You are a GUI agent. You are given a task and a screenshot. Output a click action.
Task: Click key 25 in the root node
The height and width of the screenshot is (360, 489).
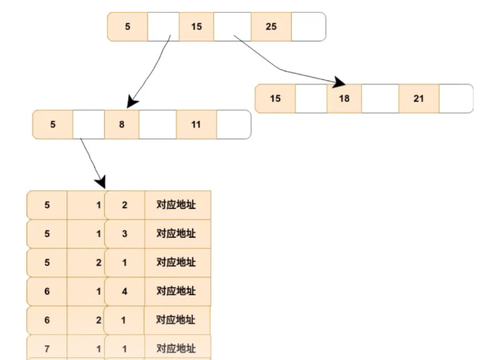coord(271,27)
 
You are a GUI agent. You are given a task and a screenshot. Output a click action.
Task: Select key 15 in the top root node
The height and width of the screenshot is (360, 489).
coord(196,27)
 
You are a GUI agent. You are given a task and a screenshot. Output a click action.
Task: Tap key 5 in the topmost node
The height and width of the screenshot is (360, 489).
coord(127,27)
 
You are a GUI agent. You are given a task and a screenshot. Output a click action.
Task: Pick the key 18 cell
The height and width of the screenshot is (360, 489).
coord(344,98)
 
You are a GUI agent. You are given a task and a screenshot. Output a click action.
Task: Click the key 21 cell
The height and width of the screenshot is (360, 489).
coord(418,98)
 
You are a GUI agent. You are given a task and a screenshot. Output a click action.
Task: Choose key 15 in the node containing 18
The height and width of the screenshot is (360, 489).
coord(275,98)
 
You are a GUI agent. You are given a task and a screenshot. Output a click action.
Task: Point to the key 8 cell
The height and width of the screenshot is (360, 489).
coord(121,124)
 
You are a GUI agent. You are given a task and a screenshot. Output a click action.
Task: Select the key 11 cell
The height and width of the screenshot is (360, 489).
coord(196,124)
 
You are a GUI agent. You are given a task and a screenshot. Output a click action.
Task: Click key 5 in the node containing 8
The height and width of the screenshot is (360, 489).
coord(53,124)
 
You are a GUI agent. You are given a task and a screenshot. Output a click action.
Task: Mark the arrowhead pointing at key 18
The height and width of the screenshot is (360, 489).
coord(340,83)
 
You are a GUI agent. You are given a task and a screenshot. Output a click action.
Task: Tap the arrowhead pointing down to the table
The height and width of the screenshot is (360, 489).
coord(100,180)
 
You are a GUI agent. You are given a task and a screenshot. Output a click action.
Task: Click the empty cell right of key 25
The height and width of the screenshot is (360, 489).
coord(308,27)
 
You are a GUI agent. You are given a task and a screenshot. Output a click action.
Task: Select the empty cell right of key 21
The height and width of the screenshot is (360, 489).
coord(456,98)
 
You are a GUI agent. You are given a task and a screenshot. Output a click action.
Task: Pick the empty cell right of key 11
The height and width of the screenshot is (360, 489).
coord(234,124)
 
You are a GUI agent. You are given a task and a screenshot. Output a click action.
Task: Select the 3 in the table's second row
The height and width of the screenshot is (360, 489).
coord(125,234)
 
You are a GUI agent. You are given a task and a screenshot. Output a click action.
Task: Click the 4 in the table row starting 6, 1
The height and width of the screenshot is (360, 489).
coord(125,291)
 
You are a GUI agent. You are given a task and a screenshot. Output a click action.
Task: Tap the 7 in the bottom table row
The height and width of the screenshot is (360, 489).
coord(47,347)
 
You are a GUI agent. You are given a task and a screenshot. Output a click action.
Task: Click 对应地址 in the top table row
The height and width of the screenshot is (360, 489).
coord(176,205)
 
